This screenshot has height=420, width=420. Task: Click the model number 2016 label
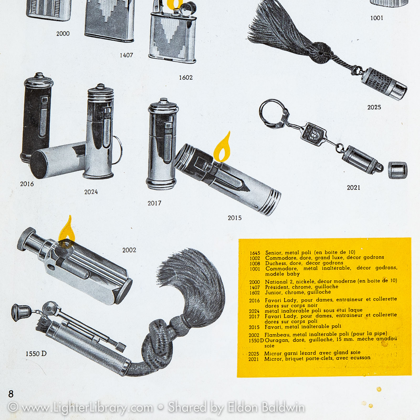click(27, 184)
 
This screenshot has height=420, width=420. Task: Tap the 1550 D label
click(36, 354)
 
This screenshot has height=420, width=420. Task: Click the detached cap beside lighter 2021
click(397, 170)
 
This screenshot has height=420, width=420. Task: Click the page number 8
click(11, 394)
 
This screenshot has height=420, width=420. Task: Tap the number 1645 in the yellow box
click(255, 253)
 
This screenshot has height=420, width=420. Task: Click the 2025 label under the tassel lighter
click(374, 107)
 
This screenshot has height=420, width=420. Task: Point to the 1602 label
click(186, 78)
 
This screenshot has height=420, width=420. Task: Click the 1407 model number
click(126, 55)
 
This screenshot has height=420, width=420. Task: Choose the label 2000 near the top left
click(63, 34)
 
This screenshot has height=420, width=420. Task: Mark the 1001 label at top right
click(377, 18)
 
